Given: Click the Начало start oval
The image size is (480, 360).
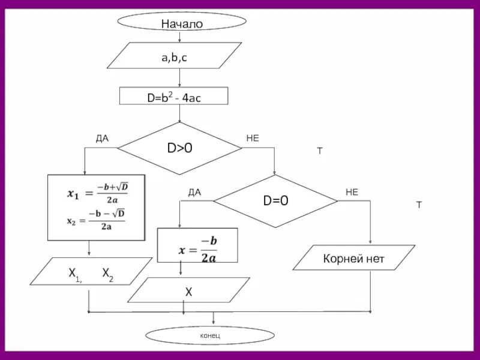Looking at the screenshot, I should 181,23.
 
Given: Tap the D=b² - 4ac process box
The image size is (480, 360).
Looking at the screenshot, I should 174,97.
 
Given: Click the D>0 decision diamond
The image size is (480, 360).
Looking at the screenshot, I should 179,148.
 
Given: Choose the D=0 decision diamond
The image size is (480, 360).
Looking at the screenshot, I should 275,201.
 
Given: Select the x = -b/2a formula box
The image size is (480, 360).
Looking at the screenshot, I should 197,245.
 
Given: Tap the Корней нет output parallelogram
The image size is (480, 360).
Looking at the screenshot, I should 353,260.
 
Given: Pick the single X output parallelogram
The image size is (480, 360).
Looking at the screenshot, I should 188,291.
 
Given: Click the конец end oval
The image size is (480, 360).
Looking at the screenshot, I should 209,335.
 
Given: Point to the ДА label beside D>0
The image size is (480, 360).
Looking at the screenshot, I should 102,138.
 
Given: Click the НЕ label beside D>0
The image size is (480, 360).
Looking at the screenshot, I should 253,138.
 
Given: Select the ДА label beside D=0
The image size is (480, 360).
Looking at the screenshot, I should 194,192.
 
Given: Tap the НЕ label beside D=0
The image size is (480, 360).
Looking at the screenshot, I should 352,192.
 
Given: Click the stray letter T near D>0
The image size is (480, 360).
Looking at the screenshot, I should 320,151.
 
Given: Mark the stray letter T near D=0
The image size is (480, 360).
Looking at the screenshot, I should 419,205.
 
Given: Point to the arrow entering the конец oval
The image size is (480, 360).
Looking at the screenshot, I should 213,319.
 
